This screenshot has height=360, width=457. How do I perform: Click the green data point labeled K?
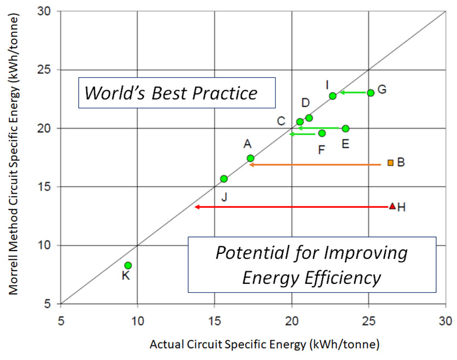coord(128,265)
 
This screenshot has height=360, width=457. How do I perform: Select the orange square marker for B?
coord(390,162)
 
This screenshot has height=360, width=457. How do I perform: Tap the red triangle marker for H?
coord(392,206)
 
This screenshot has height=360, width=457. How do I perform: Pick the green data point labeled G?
coord(371,93)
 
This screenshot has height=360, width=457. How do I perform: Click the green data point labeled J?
coord(224,179)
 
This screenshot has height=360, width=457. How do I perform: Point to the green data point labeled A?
coord(251,158)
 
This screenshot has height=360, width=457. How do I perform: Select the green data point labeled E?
coord(345,129)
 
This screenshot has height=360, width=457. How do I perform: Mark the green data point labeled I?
coord(333,96)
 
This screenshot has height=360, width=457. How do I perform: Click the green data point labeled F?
coord(322,133)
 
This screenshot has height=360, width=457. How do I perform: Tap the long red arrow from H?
coord(290,207)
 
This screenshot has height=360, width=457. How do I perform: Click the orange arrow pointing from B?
coord(315,164)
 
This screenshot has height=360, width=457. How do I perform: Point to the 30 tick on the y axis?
coord(48,11)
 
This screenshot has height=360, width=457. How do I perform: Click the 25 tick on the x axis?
coord(369,319)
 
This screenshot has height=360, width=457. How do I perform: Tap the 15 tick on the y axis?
coord(48,187)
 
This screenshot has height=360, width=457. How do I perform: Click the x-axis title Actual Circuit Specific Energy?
coord(264,345)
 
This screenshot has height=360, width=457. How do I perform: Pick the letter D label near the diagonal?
coord(305,103)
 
